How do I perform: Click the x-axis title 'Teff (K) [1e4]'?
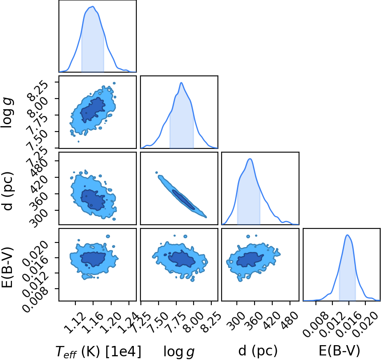pyautogui.click(x=98, y=351)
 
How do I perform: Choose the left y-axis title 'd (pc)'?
pyautogui.click(x=7, y=191)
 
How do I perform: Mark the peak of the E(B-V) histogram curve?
pyautogui.click(x=348, y=235)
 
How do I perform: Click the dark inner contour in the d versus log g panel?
pyautogui.click(x=184, y=200)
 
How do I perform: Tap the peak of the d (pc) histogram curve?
pyautogui.click(x=250, y=159)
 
